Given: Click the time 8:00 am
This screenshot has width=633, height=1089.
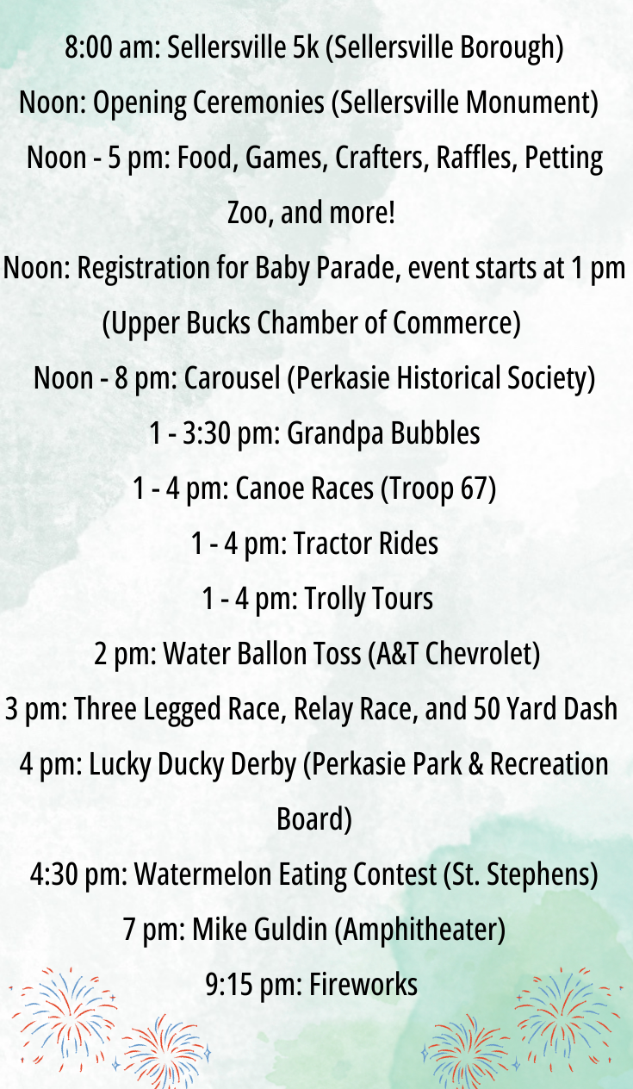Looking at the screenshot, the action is (x=112, y=47).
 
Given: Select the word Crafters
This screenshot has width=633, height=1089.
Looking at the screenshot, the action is (x=382, y=158).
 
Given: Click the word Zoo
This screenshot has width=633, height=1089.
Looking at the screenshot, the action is (x=247, y=214).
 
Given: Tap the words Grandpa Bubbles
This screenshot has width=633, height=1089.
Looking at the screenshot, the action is (x=383, y=433).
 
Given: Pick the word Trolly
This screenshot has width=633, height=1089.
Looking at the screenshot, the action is (x=336, y=600).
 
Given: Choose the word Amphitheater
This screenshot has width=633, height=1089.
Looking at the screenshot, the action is (x=419, y=930).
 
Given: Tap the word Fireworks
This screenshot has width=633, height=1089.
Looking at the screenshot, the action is (x=363, y=985).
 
